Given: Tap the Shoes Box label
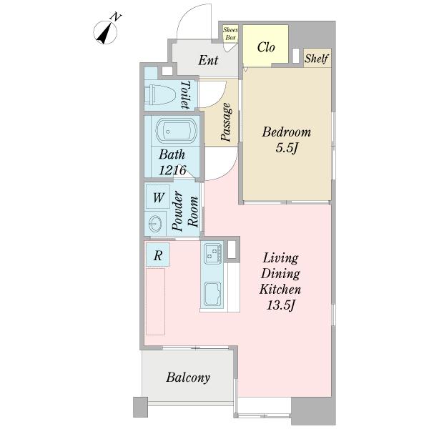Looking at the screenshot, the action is click(230, 34).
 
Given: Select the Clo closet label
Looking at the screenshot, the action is click(266, 47).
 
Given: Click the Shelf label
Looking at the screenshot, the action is click(317, 59).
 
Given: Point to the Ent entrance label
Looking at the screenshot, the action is click(208, 60).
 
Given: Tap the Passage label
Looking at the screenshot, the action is click(226, 122).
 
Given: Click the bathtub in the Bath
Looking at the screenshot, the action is click(177, 131).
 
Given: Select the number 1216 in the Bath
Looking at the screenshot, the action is click(172, 170).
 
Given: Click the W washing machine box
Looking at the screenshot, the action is click(158, 197).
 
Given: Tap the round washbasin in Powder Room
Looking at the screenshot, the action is click(155, 224).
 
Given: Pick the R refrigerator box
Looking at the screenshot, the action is click(158, 255).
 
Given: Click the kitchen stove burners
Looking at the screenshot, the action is click(213, 252).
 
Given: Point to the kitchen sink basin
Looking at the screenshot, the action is click(212, 294).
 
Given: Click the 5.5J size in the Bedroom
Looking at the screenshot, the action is click(287, 148).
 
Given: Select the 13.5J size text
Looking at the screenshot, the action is click(281, 305).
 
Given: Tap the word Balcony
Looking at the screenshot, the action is click(188, 378).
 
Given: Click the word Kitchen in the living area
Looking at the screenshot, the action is click(280, 289).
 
